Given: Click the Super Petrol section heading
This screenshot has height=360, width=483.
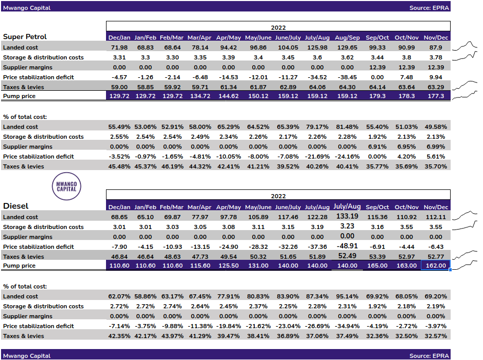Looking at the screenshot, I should (25, 37).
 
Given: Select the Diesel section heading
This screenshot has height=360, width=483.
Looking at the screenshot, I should (16, 206).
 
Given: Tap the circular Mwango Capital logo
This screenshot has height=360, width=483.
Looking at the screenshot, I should (67, 185).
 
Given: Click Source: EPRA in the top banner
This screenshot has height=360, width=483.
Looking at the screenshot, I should (428, 8).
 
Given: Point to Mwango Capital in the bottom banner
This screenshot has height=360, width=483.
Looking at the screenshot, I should (27, 356).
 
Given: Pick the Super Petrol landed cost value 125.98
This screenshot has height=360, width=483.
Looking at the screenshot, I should (317, 47).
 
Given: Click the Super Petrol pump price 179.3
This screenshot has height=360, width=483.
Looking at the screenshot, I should (375, 97).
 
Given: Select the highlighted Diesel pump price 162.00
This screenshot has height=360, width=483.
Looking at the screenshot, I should (435, 266).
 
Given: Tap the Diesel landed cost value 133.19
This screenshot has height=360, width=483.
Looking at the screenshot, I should (347, 216).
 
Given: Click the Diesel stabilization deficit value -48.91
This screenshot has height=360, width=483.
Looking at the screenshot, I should (347, 246).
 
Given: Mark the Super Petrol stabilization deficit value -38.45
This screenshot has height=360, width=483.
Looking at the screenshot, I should (347, 77).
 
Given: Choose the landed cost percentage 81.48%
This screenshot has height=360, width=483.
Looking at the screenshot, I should (347, 127).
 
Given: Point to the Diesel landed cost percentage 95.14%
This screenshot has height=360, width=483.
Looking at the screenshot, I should (347, 296).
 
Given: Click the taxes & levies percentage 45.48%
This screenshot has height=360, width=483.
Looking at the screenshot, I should (119, 166).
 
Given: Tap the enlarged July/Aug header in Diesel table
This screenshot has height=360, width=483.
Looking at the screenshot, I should (347, 207).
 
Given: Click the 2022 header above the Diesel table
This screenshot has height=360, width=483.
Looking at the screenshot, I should (278, 196).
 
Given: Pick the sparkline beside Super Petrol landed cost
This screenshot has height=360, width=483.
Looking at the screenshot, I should (465, 46).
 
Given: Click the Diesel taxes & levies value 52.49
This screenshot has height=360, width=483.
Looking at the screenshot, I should (347, 256).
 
